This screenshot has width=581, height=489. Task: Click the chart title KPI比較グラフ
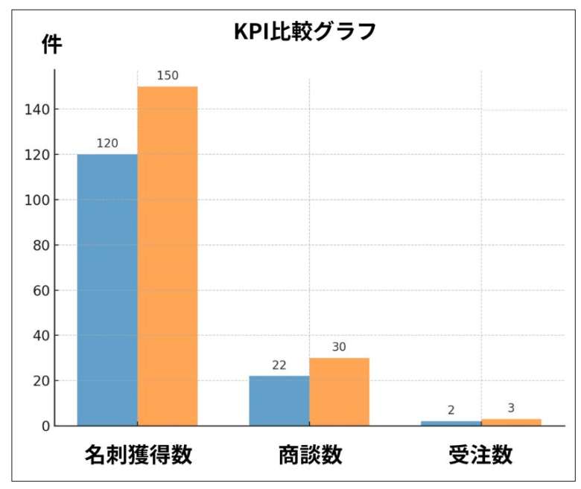click(x=302, y=32)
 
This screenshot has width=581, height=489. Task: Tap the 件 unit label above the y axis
click(x=51, y=45)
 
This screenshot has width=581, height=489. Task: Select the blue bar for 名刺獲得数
click(x=107, y=290)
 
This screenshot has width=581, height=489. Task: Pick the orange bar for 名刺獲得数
click(x=168, y=256)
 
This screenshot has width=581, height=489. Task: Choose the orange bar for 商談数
click(x=339, y=391)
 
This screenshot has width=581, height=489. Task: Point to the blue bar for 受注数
click(x=451, y=423)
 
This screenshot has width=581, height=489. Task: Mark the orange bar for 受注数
click(x=511, y=422)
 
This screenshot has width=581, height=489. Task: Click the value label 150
click(x=168, y=76)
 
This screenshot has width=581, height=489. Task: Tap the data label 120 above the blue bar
click(x=107, y=143)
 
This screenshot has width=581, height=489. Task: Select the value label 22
click(x=279, y=365)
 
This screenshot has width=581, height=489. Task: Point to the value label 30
click(x=339, y=347)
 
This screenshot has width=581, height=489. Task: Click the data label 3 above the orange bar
click(x=511, y=408)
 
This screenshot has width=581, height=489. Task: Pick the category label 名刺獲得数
click(x=138, y=455)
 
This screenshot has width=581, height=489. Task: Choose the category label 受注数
click(x=480, y=455)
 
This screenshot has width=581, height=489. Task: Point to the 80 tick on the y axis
click(x=38, y=245)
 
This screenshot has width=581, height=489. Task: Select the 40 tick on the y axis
click(x=38, y=336)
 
